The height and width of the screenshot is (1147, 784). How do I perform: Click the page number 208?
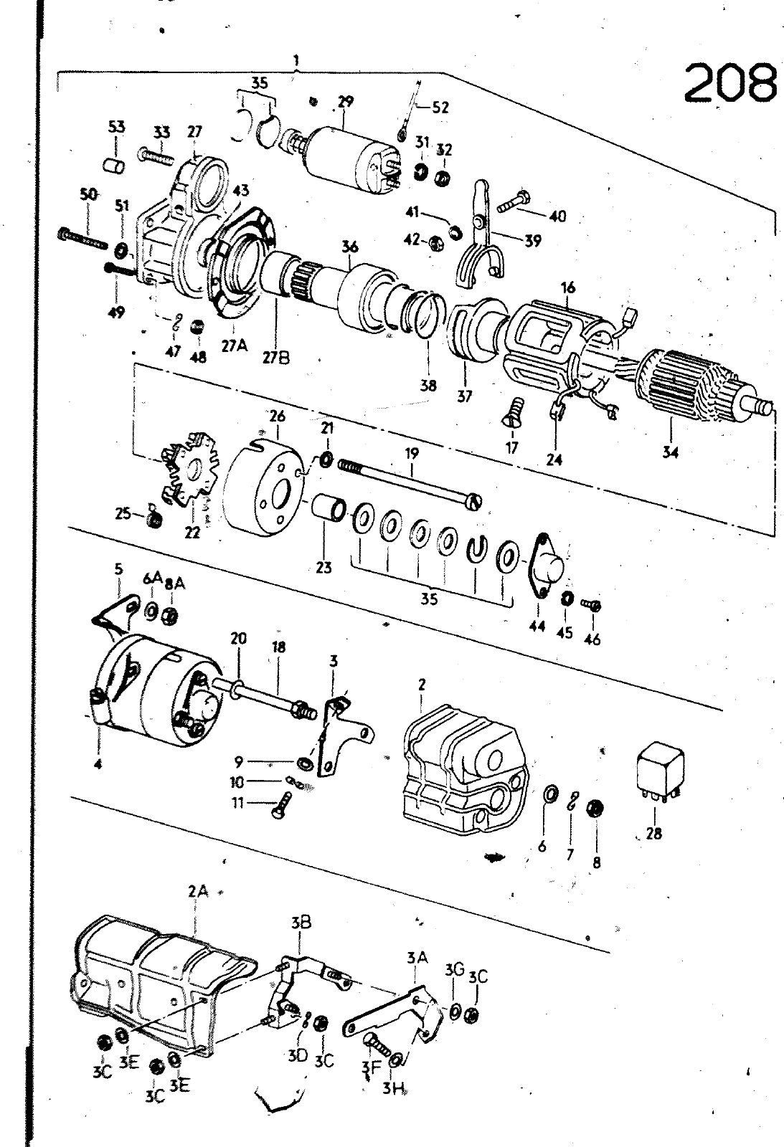pos(729,82)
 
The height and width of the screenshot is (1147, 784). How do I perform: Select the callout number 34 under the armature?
pos(670,452)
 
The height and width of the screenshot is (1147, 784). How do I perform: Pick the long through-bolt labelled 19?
pos(410,482)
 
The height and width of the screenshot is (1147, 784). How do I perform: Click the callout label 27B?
pos(276,358)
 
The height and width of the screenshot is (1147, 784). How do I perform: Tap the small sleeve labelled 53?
pos(113,167)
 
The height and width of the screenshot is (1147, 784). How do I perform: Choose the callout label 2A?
pos(198,892)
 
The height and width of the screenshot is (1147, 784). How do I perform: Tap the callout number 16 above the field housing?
pos(568,287)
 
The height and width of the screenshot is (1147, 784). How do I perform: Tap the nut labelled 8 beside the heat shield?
pos(596,809)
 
